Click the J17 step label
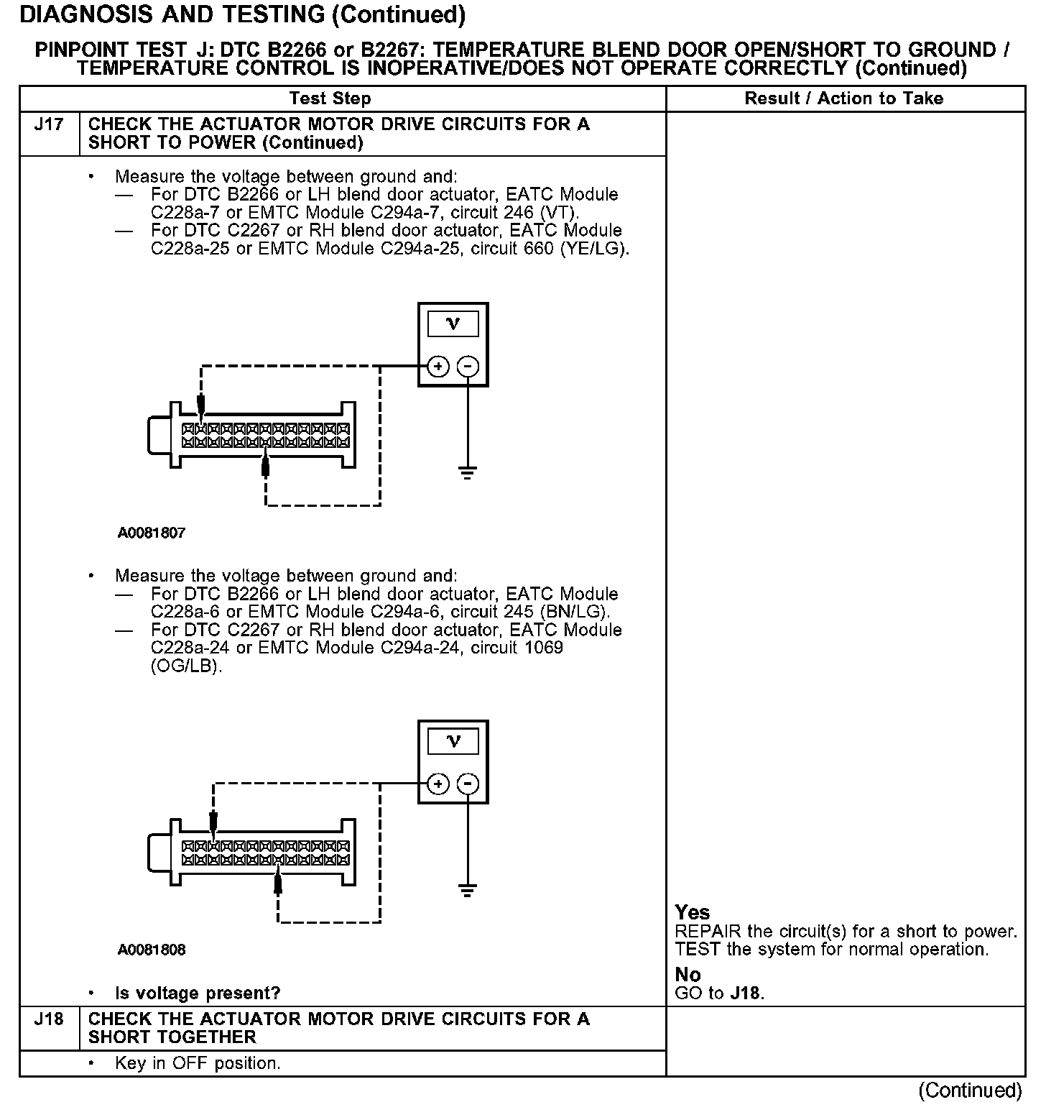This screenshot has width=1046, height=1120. (49, 124)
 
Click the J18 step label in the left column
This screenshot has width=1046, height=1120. (49, 1019)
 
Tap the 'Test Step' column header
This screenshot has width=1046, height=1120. (330, 98)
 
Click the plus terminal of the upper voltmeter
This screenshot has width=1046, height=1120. (438, 367)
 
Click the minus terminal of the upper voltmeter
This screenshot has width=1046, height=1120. (468, 367)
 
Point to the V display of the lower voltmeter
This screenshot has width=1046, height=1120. (453, 741)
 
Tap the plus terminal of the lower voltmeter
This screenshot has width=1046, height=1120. (438, 784)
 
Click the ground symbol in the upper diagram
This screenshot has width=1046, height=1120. (468, 472)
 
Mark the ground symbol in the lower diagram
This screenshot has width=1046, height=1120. (468, 891)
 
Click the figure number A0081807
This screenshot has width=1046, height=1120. (152, 533)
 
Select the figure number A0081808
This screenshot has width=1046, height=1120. (152, 950)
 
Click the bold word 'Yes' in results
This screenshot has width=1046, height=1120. (693, 912)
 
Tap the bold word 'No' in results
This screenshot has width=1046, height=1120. (688, 975)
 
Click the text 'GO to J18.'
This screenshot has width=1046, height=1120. (719, 993)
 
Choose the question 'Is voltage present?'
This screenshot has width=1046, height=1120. (198, 993)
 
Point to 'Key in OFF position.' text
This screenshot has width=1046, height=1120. (198, 1063)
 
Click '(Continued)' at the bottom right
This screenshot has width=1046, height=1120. (970, 1091)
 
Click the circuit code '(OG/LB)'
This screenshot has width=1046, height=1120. (187, 666)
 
